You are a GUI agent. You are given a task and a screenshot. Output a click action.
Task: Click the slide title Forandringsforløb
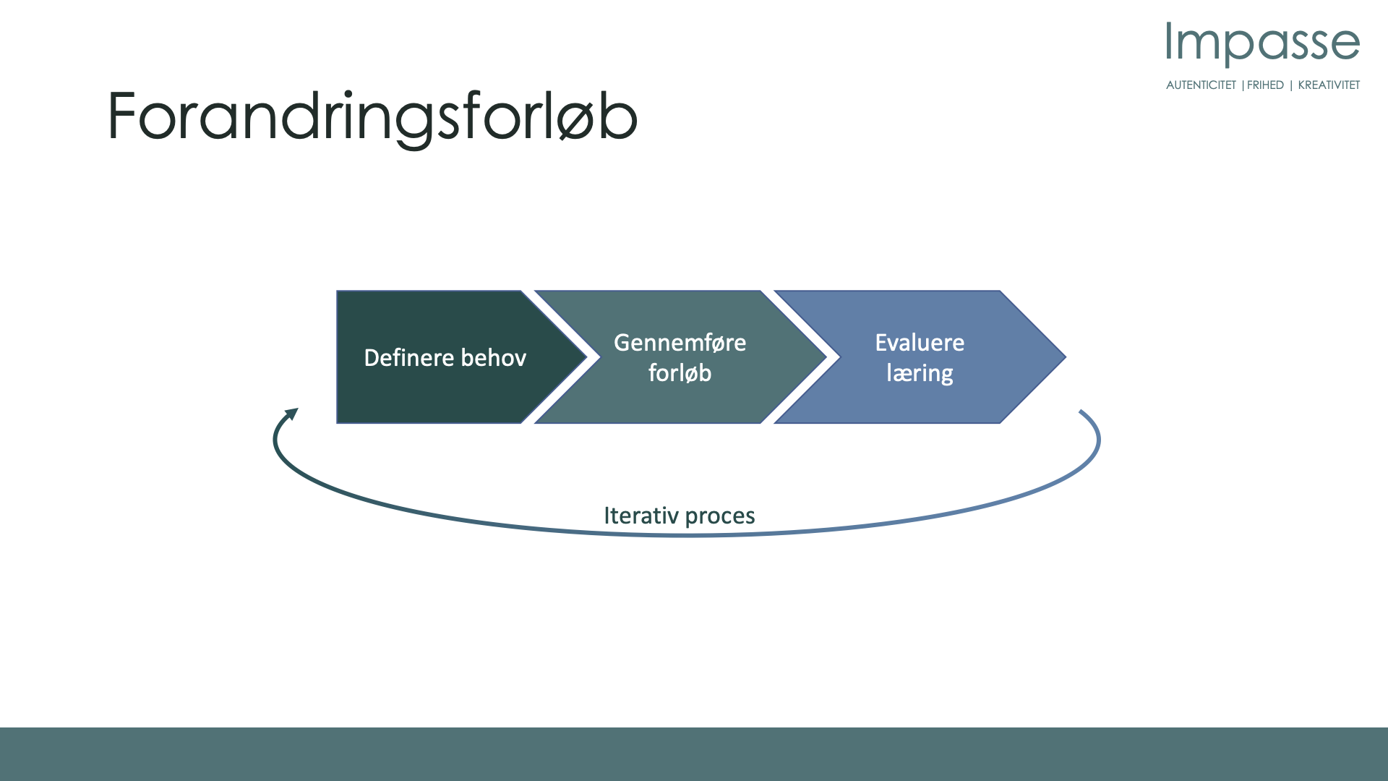(372, 117)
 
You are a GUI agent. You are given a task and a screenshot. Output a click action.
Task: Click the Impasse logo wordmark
(1263, 43)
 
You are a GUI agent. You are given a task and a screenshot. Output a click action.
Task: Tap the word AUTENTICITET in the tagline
(1201, 85)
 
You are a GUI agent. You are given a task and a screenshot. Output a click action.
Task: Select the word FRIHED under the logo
(1265, 85)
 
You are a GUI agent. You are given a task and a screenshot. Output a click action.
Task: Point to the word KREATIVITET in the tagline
(1329, 85)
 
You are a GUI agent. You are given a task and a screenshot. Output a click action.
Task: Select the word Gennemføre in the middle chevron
(680, 342)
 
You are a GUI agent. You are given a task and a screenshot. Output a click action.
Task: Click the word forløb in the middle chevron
(680, 372)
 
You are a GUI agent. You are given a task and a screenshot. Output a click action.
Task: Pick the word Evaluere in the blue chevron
(920, 342)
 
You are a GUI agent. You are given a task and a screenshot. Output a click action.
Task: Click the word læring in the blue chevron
(920, 373)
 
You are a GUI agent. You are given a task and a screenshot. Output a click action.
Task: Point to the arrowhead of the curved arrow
(291, 414)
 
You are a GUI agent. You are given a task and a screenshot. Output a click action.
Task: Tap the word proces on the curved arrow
(720, 516)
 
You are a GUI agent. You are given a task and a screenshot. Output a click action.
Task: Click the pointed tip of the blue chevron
(1066, 357)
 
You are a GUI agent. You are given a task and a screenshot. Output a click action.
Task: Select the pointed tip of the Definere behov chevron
(586, 357)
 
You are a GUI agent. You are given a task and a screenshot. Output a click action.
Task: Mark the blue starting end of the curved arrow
(1081, 412)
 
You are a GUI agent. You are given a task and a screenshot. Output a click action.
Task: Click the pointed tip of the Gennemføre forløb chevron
(826, 357)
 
